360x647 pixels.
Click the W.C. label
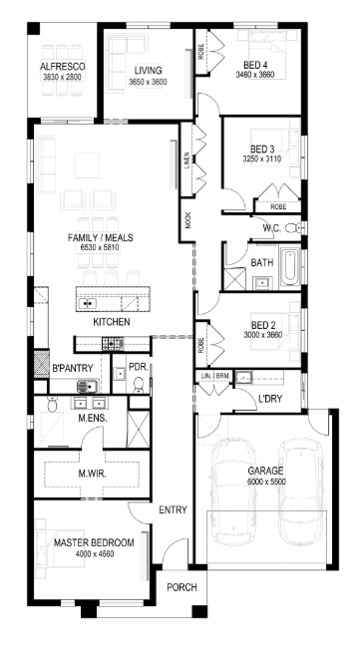point(271,228)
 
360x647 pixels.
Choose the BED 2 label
point(263,325)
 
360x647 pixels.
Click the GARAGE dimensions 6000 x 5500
point(267,482)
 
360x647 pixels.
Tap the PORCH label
point(180,588)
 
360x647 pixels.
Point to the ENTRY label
point(172,510)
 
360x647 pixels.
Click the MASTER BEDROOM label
point(93,542)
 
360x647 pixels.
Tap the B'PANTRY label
point(72,368)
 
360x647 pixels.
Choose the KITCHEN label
point(112,323)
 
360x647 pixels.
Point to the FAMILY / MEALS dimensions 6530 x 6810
point(100,247)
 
